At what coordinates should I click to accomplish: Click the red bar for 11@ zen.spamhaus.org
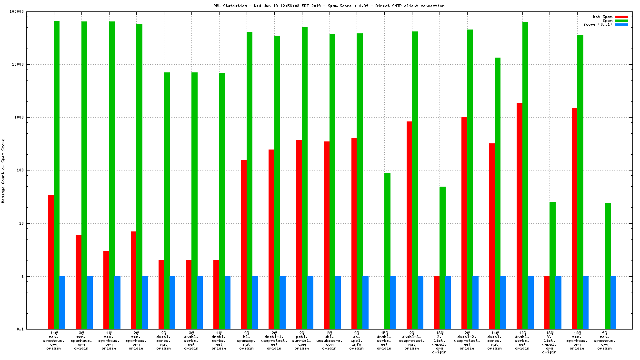[x=51, y=262]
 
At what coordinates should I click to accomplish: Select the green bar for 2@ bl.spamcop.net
[x=250, y=180]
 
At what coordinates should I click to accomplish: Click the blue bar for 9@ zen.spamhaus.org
[x=613, y=302]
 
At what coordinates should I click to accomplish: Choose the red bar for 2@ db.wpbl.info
[x=354, y=233]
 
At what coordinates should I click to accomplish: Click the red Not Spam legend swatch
[x=621, y=17]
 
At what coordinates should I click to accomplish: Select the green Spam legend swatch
[x=621, y=20]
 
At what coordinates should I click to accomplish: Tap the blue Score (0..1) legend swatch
[x=621, y=24]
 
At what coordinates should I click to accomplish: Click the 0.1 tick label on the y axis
[x=34, y=329]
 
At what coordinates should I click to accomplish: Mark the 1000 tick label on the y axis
[x=32, y=117]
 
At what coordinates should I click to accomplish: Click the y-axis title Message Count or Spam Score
[x=3, y=170]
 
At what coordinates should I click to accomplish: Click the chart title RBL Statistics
[x=329, y=6]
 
